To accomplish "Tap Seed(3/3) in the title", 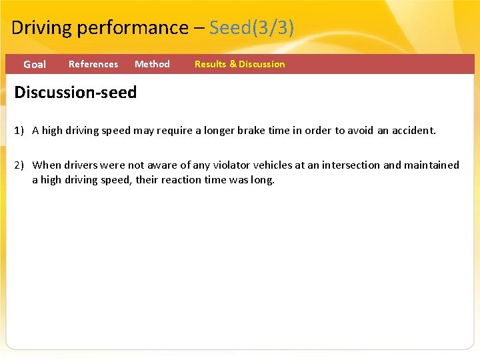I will click(251, 28).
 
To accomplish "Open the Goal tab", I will click(35, 65).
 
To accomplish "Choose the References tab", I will click(93, 64).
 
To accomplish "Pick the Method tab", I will click(152, 64).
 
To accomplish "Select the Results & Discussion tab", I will click(239, 64).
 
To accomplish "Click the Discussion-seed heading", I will click(75, 92).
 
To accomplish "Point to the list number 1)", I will click(20, 131).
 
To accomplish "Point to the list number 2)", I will click(20, 165).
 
